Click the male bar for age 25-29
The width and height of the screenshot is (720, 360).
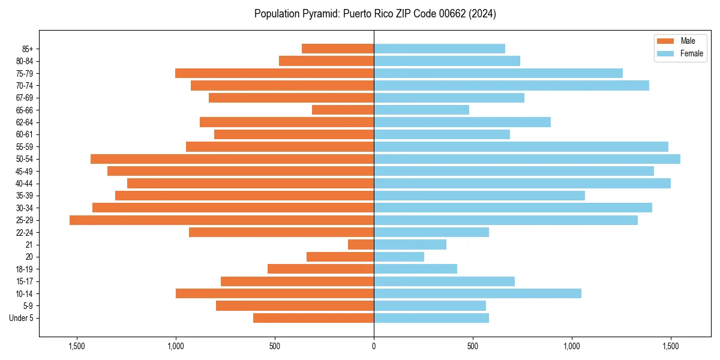tap(221, 220)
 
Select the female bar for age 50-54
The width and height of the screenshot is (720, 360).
tap(527, 159)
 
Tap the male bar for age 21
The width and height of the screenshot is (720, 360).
tap(361, 245)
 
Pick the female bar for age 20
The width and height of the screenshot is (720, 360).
tap(399, 257)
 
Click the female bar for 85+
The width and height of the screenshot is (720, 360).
tap(439, 49)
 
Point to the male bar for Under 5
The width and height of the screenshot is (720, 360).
tap(313, 318)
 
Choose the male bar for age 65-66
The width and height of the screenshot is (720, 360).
tap(343, 110)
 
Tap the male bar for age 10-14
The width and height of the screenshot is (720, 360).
tap(275, 293)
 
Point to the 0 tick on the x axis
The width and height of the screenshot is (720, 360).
tap(374, 346)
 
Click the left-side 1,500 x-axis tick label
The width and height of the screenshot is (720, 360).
tap(77, 346)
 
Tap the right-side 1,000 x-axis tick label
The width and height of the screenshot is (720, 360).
tap(572, 346)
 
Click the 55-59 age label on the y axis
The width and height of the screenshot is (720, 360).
tap(25, 147)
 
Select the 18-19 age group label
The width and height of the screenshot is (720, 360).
tap(25, 269)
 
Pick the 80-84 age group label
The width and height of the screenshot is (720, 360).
tap(25, 61)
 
